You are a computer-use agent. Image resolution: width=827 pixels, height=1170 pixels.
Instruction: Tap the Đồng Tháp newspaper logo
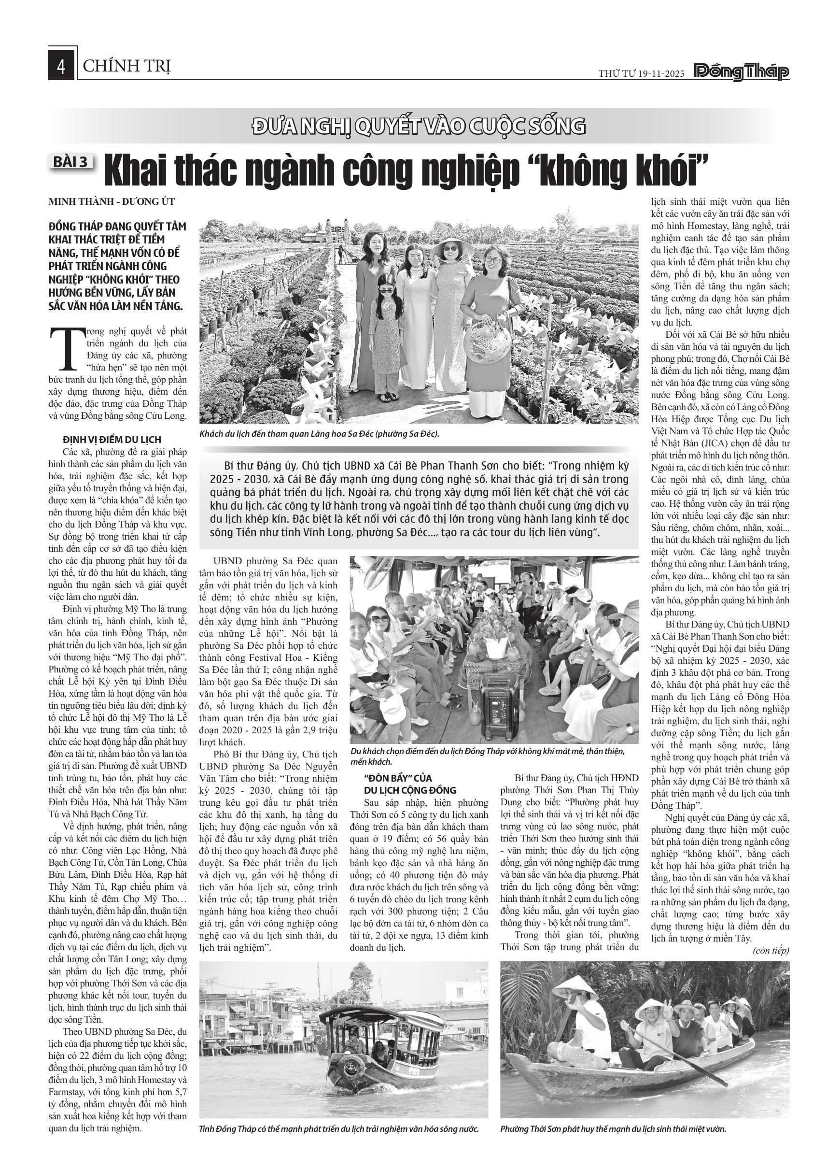pyautogui.click(x=742, y=72)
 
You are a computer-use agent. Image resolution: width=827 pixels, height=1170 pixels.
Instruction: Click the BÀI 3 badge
pyautogui.click(x=71, y=162)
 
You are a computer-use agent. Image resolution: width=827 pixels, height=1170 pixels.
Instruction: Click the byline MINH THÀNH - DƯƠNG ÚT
pyautogui.click(x=111, y=202)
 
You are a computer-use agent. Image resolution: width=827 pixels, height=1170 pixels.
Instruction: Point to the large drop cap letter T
pyautogui.click(x=65, y=349)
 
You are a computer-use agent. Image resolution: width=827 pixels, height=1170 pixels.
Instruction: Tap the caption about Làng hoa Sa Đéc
pyautogui.click(x=319, y=434)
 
